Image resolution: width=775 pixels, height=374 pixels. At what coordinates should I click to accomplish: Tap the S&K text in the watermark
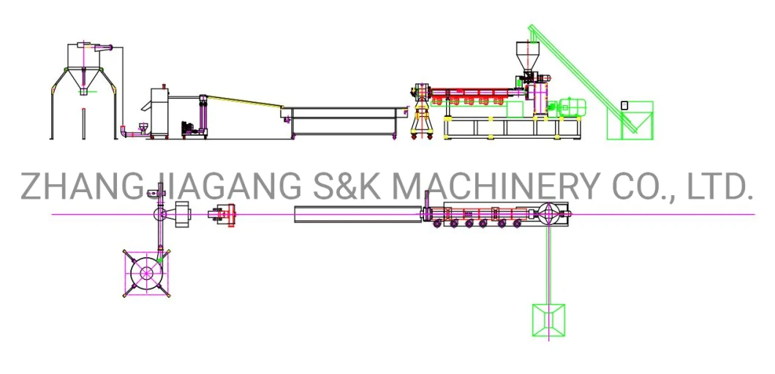pyautogui.click(x=344, y=186)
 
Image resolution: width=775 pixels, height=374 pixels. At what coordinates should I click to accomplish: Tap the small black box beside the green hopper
pyautogui.click(x=624, y=104)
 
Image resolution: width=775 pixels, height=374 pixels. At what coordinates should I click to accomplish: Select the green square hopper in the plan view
pyautogui.click(x=548, y=320)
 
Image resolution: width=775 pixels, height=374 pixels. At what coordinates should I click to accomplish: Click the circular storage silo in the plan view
pyautogui.click(x=146, y=272)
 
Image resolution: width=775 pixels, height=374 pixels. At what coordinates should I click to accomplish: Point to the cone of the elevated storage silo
pyautogui.click(x=83, y=79)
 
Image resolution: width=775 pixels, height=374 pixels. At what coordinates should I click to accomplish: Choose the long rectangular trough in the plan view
pyautogui.click(x=358, y=214)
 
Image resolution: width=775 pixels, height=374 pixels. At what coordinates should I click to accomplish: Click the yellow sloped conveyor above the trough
pyautogui.click(x=244, y=101)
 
